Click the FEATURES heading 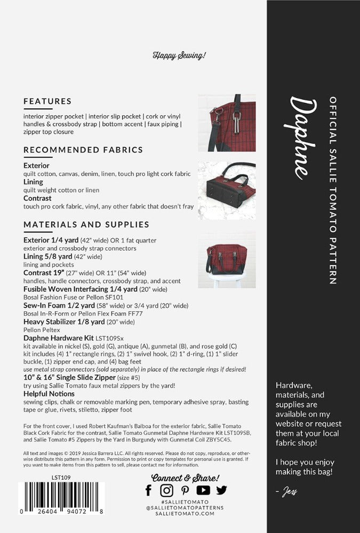[47, 101]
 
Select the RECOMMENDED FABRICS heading [83, 150]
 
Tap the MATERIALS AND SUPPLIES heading [86, 224]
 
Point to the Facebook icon [149, 490]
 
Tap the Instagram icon [167, 490]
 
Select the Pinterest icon [185, 490]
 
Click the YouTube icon [203, 490]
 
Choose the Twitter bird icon [221, 490]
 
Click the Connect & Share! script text [185, 478]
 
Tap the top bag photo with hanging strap [227, 123]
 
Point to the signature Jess [290, 493]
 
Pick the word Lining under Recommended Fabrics [33, 182]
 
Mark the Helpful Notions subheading [49, 394]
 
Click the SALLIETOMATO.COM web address [185, 514]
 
